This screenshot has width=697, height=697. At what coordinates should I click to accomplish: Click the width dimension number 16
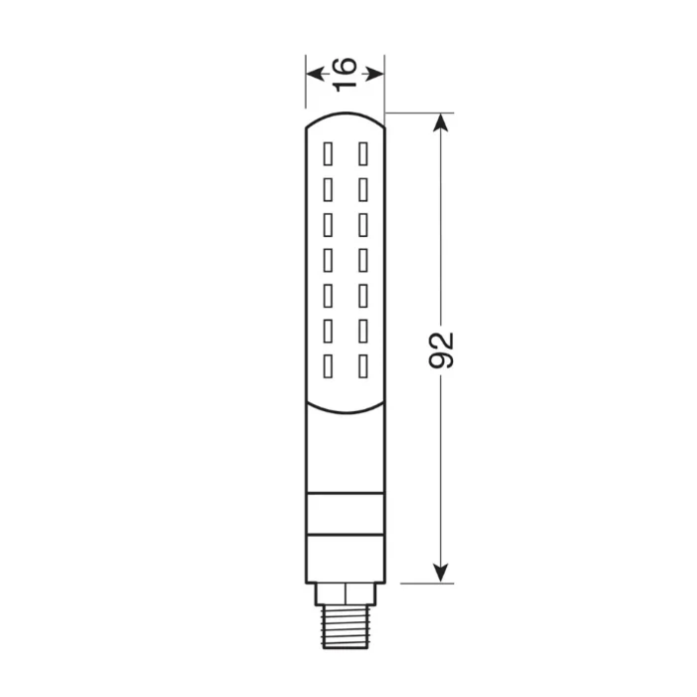click(344, 73)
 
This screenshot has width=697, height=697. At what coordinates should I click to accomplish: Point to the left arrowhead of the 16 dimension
click(312, 74)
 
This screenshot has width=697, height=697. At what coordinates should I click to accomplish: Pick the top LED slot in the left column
click(327, 152)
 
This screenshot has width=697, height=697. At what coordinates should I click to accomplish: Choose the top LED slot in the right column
click(362, 152)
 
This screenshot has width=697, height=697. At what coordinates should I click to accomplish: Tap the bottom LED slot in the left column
click(327, 364)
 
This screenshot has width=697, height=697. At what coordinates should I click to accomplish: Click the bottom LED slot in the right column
click(362, 364)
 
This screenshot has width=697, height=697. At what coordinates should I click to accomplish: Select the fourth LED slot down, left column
click(327, 259)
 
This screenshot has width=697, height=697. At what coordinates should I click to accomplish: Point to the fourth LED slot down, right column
click(362, 259)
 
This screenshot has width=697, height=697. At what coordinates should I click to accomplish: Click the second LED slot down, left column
click(327, 188)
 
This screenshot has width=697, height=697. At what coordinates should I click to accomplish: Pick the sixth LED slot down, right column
click(362, 330)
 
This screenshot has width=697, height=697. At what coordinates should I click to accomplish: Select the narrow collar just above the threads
click(345, 593)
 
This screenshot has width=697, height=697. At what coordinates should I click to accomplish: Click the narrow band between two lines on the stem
click(345, 515)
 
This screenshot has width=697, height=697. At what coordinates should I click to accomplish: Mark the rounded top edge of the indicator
click(345, 114)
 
